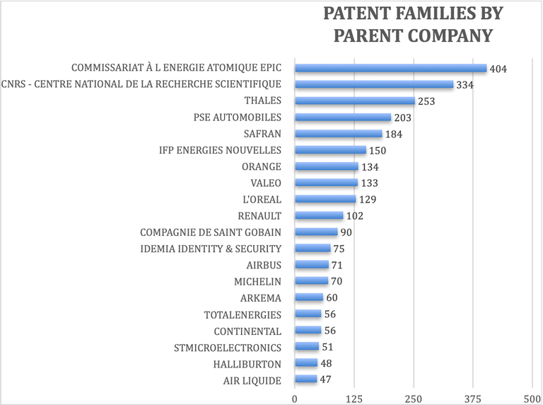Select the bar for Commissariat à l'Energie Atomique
[390, 69]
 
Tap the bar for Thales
[354, 101]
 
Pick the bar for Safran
[338, 134]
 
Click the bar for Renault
[318, 216]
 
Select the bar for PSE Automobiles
[342, 118]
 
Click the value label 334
[465, 85]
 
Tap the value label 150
[378, 151]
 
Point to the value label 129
[368, 200]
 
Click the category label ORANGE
[261, 167]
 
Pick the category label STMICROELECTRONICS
[228, 348]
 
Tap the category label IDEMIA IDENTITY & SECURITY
[211, 249]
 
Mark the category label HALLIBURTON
[247, 364]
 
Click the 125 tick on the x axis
[354, 397]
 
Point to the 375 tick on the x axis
[473, 397]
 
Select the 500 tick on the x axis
[532, 397]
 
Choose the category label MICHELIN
[257, 282]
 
